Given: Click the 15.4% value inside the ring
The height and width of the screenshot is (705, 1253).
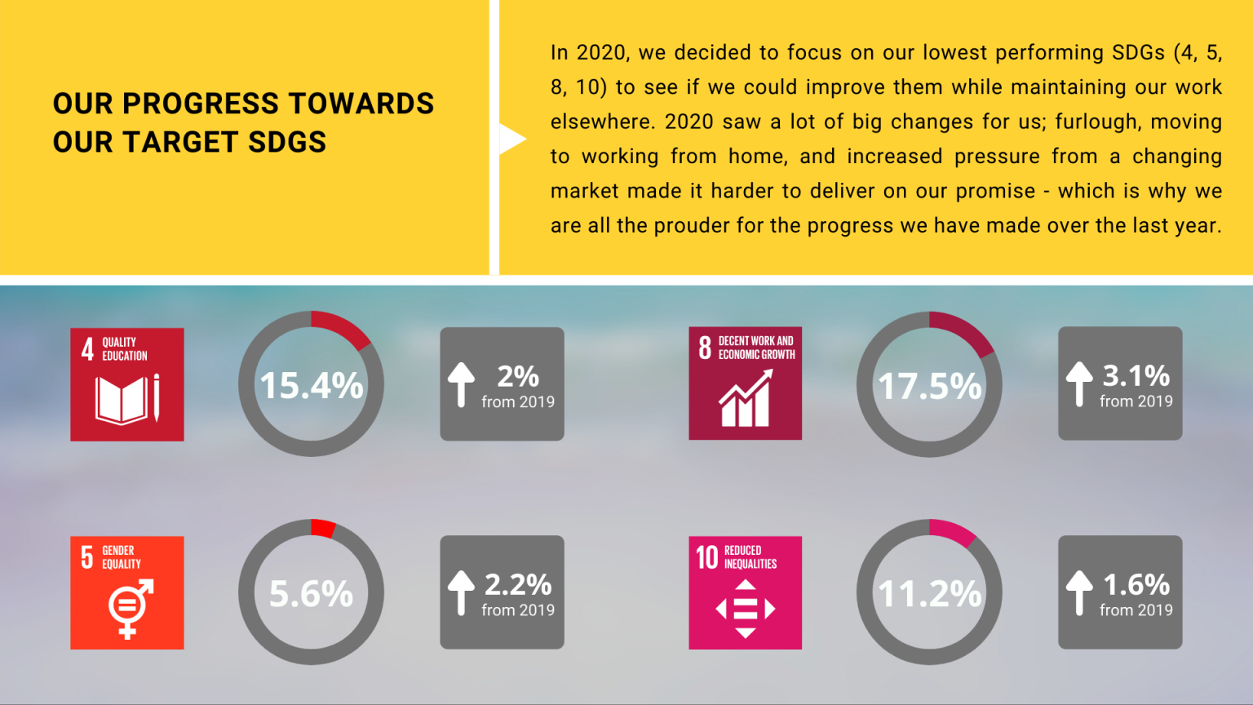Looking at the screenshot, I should coord(311,385).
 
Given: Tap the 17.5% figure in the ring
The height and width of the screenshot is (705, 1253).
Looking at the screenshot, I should coord(929,386).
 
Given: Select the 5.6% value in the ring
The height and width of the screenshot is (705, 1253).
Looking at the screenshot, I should coord(311,593).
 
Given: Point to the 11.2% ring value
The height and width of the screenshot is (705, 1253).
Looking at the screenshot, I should coord(929,593).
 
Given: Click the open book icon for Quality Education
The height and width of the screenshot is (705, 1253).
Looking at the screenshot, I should coord(122,400).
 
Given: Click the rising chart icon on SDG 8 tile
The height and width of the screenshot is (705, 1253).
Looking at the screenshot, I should coord(746,399).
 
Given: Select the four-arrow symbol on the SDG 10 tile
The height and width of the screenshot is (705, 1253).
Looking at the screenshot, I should coord(746,609).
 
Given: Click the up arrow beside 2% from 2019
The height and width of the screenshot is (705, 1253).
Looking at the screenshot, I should coord(461,384).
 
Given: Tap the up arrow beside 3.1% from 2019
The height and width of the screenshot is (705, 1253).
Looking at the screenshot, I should coord(1079,384).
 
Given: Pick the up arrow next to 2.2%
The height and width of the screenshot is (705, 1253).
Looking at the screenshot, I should coord(461,592).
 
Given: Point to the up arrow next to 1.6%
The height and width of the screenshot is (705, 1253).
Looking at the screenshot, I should coord(1079,592).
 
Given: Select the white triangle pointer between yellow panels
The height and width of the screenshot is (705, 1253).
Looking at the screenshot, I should coord(511,139).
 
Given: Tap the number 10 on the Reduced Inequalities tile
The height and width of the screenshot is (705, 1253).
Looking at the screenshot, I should coord(706,557).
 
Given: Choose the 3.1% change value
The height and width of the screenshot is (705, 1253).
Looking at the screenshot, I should coord(1136,375).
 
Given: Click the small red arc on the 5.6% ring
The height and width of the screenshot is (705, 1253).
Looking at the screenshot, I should coord(323,528).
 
